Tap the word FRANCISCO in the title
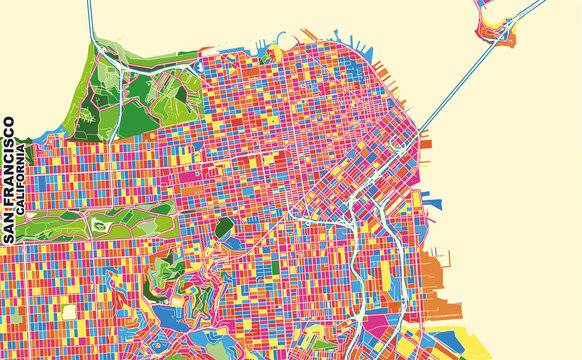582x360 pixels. pos(9,167)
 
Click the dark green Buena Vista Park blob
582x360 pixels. pos(224,229)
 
